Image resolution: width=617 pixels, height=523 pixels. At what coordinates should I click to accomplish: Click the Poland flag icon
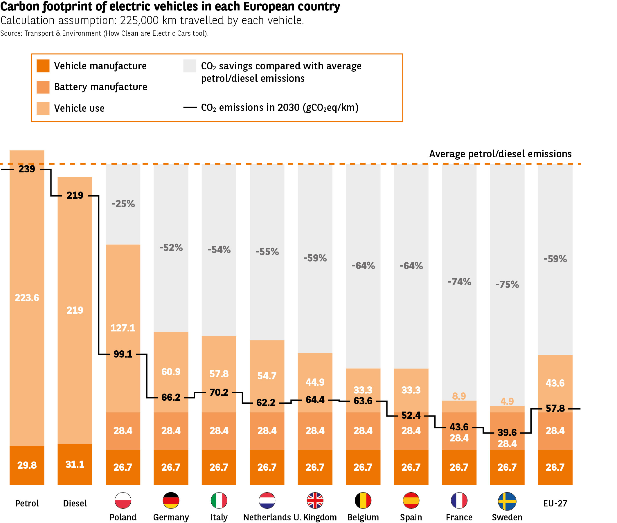(123, 500)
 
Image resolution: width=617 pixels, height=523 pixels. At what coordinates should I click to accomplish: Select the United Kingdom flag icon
(315, 500)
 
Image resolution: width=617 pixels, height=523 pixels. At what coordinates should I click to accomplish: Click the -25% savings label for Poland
(123, 204)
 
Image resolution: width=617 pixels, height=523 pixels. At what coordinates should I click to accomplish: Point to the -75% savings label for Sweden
(507, 284)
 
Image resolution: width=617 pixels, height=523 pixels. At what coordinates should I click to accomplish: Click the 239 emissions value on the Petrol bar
(27, 169)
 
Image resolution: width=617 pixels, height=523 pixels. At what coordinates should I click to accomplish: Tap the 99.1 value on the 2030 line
(123, 354)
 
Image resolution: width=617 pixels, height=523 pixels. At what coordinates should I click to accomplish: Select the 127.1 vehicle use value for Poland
(123, 328)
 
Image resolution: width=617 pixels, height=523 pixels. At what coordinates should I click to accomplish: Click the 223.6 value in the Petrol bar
(27, 298)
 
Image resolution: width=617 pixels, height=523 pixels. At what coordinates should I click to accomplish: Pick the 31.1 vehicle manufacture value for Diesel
(75, 464)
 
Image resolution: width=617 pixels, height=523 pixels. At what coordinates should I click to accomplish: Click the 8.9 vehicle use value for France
(459, 396)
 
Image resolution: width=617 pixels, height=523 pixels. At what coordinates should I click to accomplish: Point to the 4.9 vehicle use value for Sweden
(507, 401)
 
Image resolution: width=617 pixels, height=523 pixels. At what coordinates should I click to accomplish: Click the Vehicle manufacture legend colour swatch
(43, 66)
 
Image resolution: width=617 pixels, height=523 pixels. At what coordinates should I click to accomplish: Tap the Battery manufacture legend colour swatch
(43, 87)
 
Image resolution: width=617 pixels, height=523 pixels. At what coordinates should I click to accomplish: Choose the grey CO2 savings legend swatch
(190, 66)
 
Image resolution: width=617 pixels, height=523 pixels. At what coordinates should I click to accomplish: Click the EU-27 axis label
(555, 504)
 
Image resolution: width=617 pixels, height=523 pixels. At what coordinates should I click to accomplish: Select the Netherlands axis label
(267, 517)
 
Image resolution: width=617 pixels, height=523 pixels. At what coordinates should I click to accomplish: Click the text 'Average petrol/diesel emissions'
(500, 154)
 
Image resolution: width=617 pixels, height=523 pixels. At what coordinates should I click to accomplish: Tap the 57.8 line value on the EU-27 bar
(555, 409)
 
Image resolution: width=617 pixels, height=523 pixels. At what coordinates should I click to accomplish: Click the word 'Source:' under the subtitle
(11, 33)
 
